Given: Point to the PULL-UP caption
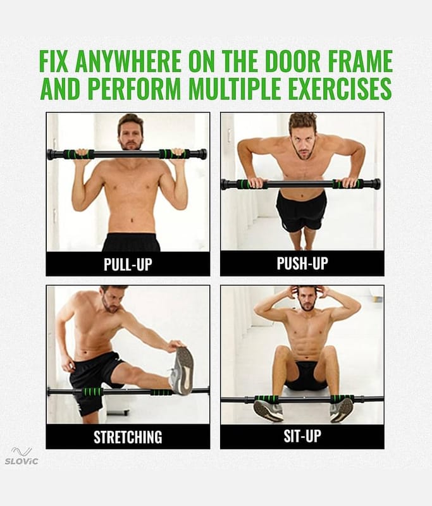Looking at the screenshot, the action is (128, 264).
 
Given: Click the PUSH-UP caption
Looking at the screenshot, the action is (302, 263).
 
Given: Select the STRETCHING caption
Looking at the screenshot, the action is (128, 436).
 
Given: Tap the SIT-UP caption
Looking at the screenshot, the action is (302, 436).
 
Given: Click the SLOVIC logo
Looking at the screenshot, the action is (22, 455).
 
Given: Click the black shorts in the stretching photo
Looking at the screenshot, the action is (95, 379).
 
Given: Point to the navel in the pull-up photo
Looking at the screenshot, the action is (132, 221).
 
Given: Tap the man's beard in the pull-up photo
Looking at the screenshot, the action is (130, 144).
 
